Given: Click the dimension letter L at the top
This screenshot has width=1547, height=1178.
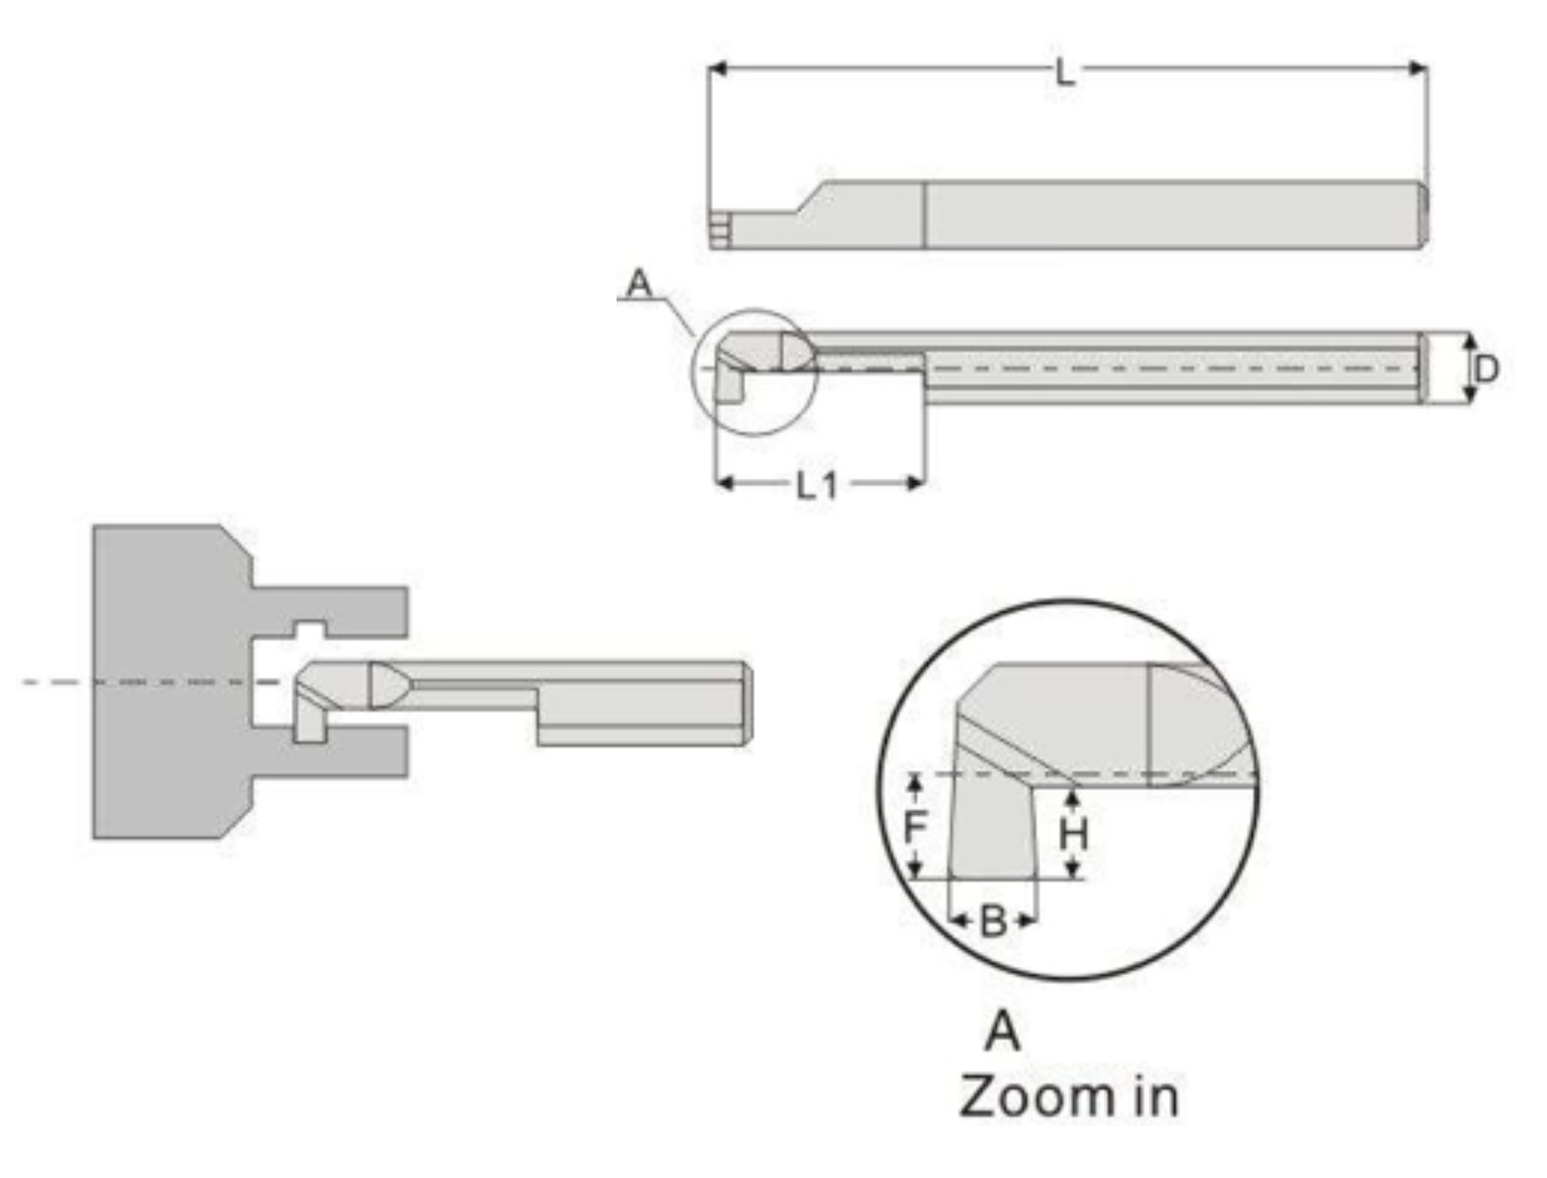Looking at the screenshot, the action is (1065, 73).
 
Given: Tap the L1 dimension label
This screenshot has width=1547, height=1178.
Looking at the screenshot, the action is (818, 484).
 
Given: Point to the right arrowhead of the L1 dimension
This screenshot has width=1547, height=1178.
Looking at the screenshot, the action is (915, 483).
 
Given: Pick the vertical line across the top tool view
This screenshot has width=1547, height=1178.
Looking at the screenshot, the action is (924, 215).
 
